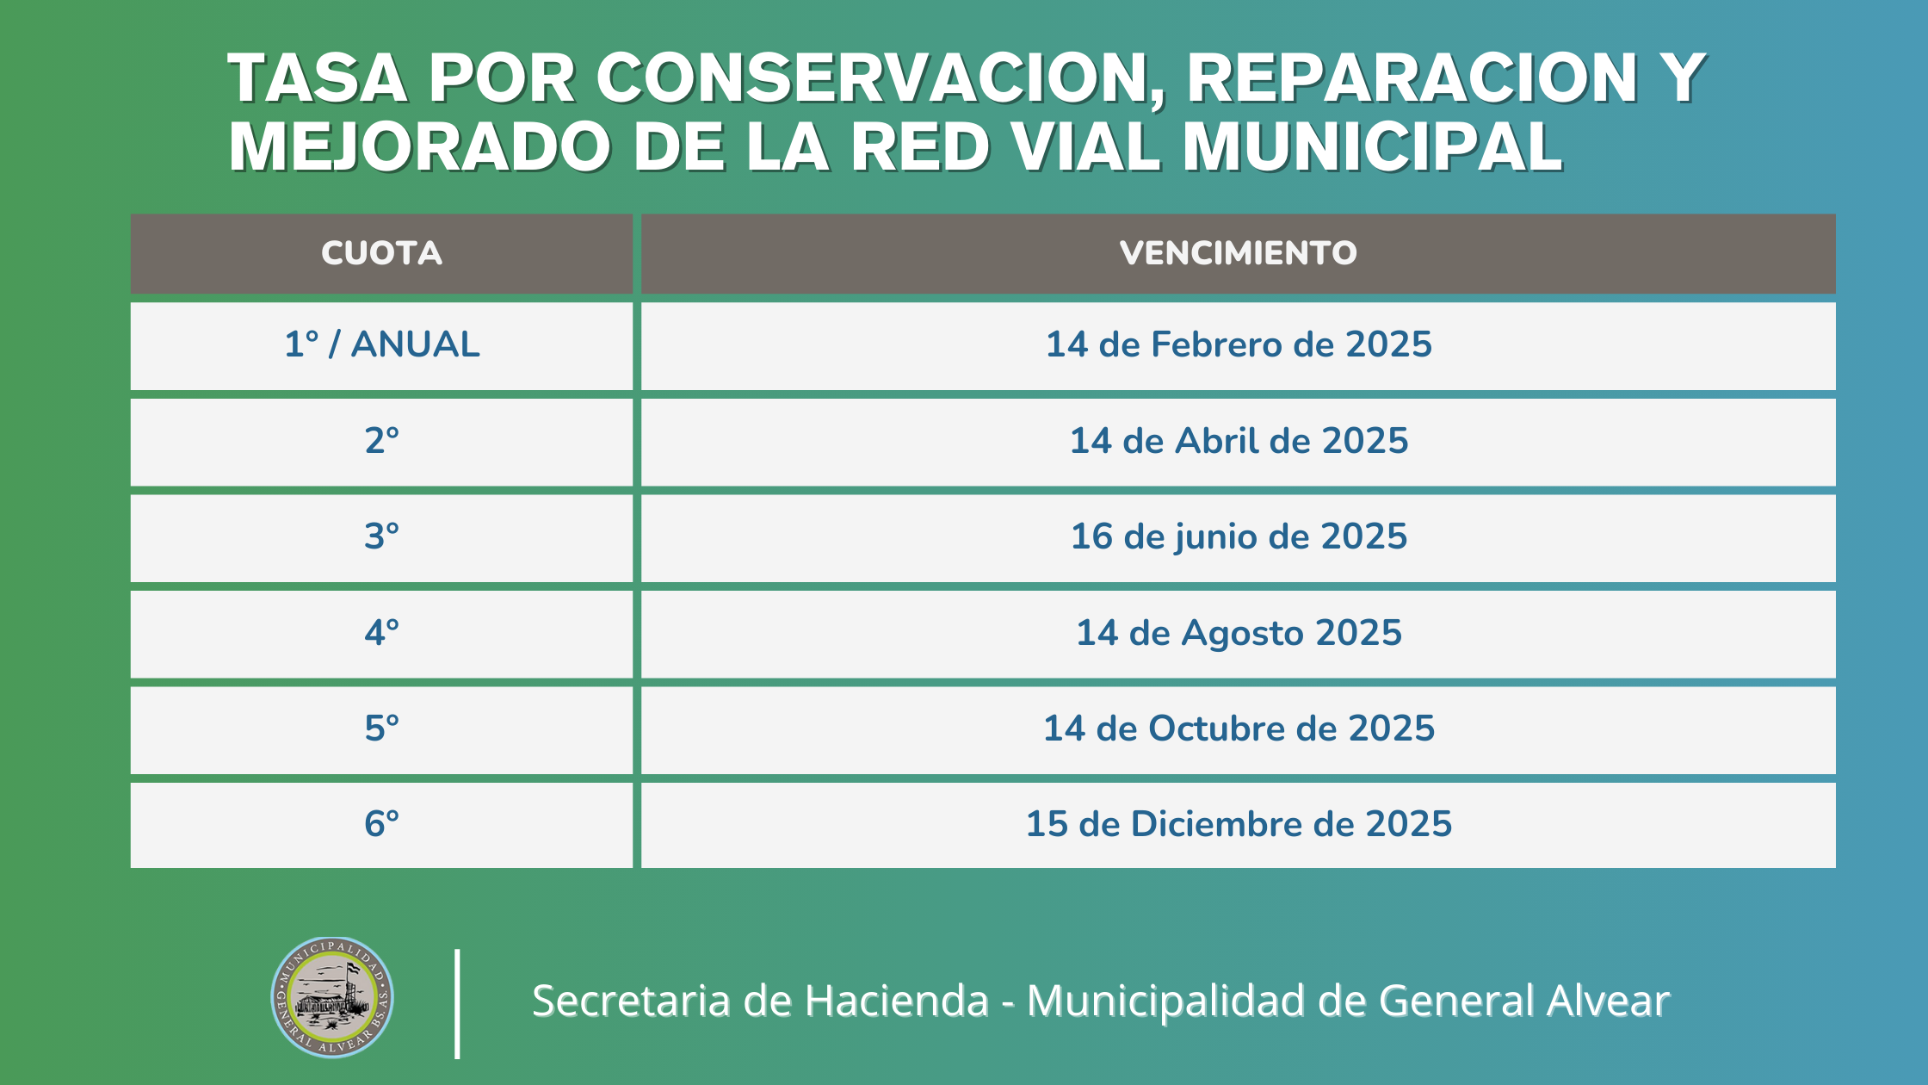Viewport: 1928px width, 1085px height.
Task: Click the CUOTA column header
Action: tap(381, 253)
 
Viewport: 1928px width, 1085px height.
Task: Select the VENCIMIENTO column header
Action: tap(1238, 253)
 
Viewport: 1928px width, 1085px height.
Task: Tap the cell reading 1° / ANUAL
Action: tap(381, 344)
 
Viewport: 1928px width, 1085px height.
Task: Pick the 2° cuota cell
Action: tap(381, 441)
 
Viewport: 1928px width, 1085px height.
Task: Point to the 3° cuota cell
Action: tap(381, 536)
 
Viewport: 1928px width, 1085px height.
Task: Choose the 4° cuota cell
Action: tap(381, 633)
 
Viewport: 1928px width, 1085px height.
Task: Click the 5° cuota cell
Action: tap(381, 728)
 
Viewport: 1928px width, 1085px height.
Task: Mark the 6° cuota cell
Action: tap(381, 824)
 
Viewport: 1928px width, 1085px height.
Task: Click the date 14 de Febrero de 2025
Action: tap(1239, 344)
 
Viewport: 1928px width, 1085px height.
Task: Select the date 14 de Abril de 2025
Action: tap(1239, 441)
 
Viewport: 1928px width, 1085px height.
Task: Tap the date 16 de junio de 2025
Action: tap(1239, 537)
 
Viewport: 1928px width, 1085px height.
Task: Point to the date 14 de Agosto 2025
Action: tap(1239, 634)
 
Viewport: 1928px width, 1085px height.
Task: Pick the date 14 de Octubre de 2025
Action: tap(1239, 728)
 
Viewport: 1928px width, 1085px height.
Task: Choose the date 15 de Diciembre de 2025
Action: tap(1239, 824)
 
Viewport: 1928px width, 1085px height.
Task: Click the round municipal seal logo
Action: tap(332, 997)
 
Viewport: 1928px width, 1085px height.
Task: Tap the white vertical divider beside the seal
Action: tap(457, 1003)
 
